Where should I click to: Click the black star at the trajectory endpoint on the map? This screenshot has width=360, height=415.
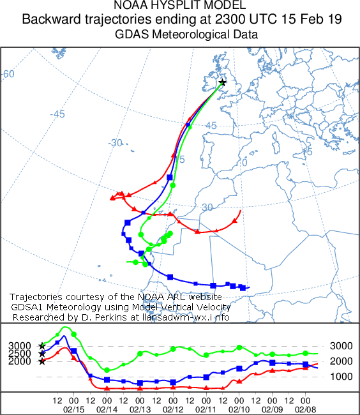(x=222, y=82)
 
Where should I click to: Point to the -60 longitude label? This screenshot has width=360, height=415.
(x=8, y=74)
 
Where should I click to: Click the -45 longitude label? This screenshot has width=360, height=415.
(x=58, y=114)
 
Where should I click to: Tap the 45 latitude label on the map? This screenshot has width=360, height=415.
(x=211, y=126)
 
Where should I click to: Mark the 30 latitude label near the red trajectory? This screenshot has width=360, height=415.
(x=207, y=207)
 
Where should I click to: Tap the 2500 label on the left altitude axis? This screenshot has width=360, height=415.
(x=19, y=353)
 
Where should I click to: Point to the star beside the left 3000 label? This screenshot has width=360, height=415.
(x=42, y=345)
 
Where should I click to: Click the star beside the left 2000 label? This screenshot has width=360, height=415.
(x=42, y=361)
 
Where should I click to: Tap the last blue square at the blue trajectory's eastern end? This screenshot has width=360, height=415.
(x=243, y=287)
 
